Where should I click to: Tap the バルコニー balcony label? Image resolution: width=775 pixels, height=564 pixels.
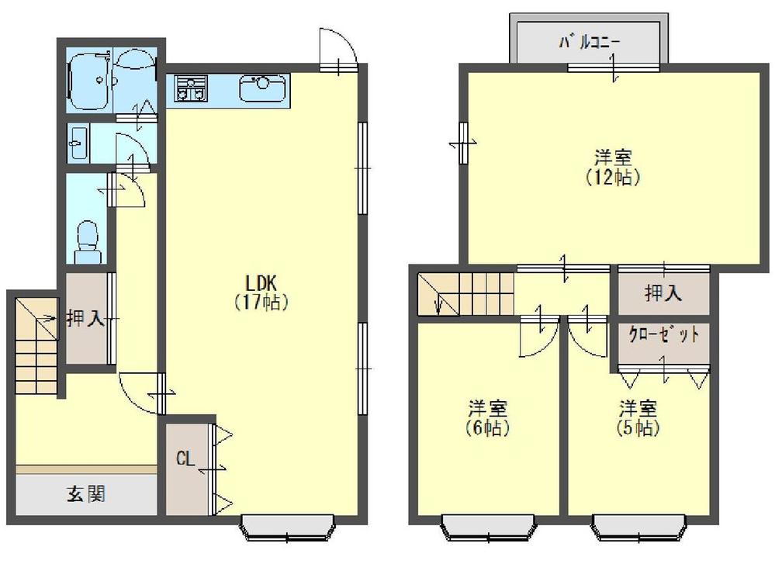(589, 42)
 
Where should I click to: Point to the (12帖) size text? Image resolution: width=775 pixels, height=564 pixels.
(613, 177)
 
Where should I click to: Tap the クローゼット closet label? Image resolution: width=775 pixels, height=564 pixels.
(663, 336)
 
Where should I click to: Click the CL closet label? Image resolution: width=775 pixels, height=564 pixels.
(185, 458)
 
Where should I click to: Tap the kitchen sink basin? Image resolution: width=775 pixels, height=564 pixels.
(262, 88)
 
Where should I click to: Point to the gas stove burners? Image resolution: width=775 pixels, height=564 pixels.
(190, 88)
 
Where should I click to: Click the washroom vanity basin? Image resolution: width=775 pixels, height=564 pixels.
(77, 144)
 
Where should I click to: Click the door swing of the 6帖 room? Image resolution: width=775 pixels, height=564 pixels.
(537, 337)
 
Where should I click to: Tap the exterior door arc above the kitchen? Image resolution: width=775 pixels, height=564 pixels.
(338, 47)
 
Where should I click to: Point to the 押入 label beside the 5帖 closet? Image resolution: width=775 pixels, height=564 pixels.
(663, 292)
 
